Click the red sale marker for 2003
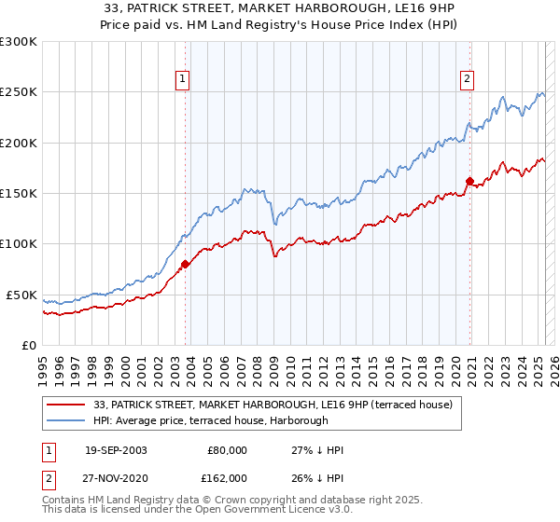pos(185,264)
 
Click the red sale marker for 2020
pos(469,181)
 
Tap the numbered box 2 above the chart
pos(466,79)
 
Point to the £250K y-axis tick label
pos(19,92)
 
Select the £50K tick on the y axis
pos(22,295)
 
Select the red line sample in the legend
pos(65,405)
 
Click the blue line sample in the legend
pos(65,420)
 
